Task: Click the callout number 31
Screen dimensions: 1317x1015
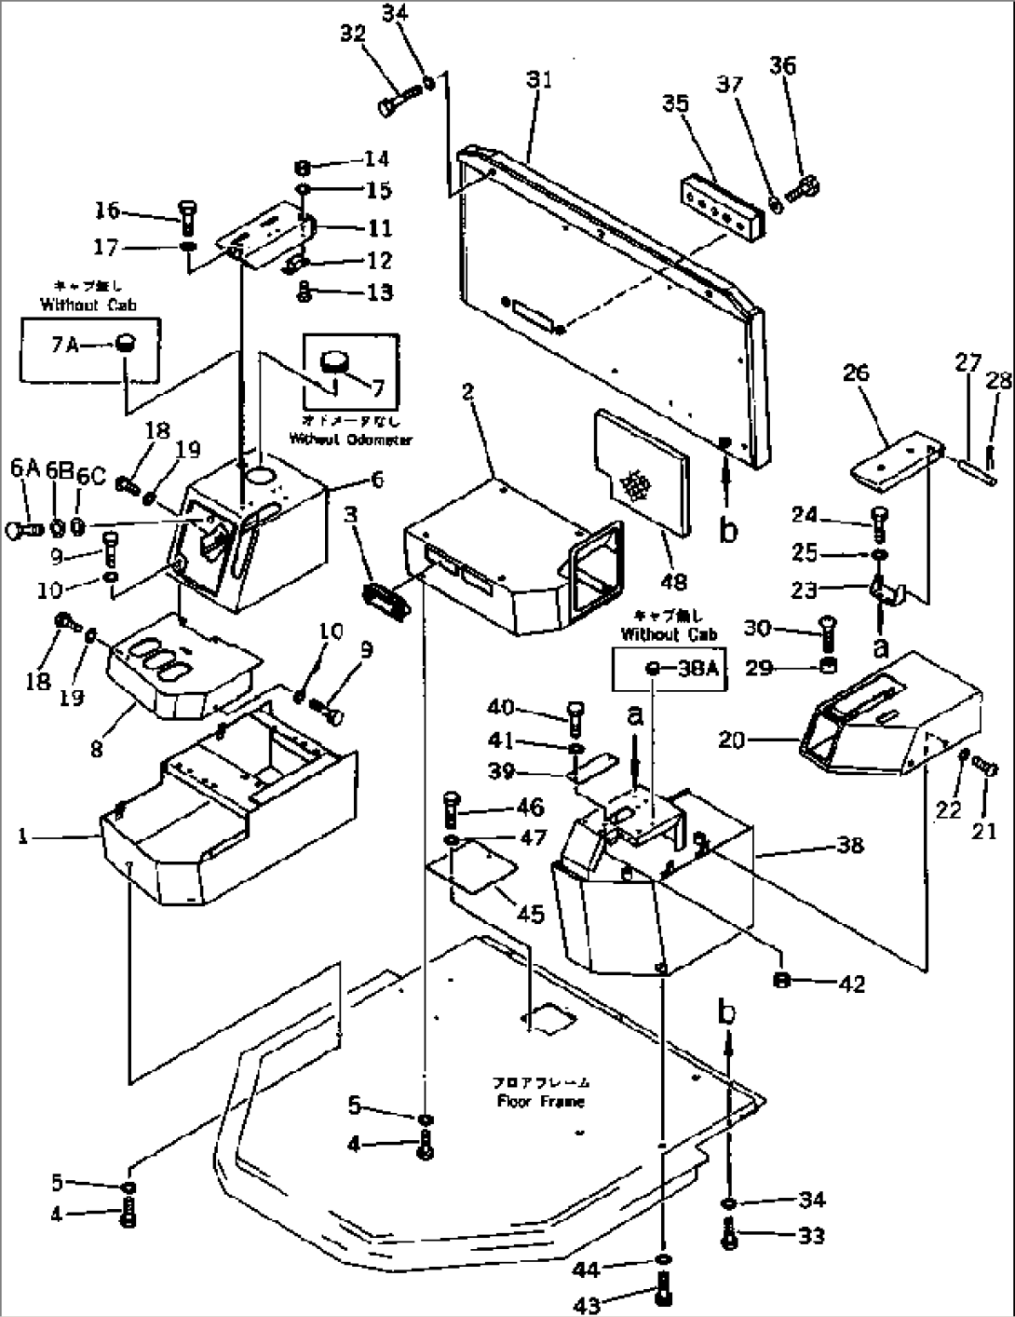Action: click(x=538, y=81)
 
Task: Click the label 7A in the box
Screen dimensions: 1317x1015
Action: click(x=64, y=345)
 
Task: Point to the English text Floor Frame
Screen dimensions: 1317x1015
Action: click(x=539, y=1101)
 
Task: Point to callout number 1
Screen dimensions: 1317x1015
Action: click(x=22, y=836)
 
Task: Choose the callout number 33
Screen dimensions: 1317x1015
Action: click(x=812, y=1237)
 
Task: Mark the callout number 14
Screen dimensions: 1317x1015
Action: click(x=376, y=159)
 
